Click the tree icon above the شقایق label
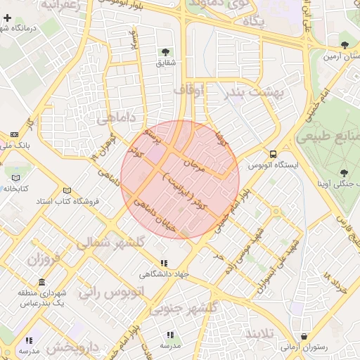tap(165, 51)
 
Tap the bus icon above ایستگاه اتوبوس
tap(273, 154)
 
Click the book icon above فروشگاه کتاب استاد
tap(67, 191)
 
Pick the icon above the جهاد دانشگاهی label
tap(164, 264)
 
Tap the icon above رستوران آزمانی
tap(304, 337)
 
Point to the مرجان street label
tap(193, 165)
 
